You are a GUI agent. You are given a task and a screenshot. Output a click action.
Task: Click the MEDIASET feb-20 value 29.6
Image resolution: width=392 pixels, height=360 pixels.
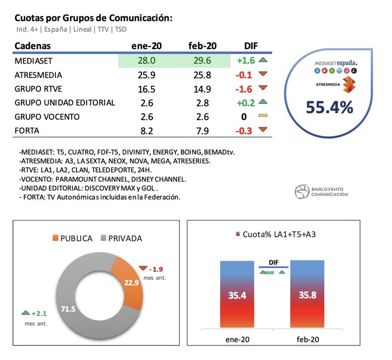tap(202, 61)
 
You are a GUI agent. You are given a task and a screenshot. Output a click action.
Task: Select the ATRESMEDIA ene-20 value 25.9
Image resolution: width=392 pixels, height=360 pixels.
tap(146, 75)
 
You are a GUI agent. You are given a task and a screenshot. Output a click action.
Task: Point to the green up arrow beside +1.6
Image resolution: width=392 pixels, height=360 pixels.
tap(263, 61)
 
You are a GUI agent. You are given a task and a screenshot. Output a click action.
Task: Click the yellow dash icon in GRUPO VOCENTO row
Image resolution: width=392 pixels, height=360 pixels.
tap(263, 116)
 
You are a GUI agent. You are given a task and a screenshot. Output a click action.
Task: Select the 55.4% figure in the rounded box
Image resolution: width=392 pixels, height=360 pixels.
tap(330, 107)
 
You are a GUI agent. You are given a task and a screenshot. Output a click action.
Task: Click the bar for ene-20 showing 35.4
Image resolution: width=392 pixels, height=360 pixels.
tap(237, 296)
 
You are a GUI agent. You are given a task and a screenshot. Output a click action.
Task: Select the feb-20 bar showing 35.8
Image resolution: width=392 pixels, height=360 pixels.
tap(307, 296)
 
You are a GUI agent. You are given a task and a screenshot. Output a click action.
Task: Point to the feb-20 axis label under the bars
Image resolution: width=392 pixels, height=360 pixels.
tap(307, 339)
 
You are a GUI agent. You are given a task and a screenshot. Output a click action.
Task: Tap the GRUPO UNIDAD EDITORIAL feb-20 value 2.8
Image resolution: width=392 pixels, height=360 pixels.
tap(202, 102)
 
